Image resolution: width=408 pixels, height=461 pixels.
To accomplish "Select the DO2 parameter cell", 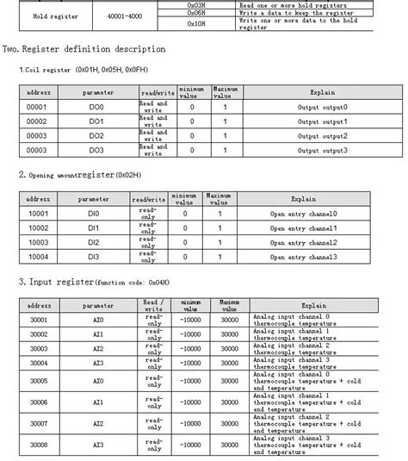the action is [96, 137].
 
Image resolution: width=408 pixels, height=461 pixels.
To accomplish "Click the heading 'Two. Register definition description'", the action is [85, 48].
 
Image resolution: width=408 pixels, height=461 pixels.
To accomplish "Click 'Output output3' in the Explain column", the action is [320, 152].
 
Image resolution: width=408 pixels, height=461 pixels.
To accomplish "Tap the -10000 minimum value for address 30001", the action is [185, 320].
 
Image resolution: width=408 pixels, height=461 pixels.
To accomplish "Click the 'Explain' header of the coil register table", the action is [322, 90].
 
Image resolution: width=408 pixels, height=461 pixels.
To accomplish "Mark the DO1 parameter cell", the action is [96, 122].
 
